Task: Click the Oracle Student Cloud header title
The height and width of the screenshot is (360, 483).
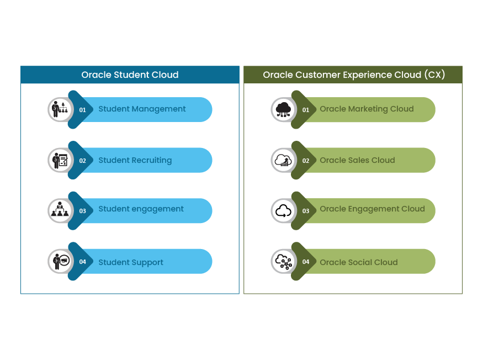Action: (x=130, y=75)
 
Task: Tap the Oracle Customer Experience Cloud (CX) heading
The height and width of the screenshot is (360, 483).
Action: (x=353, y=75)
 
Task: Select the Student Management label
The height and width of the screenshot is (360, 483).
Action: (x=142, y=109)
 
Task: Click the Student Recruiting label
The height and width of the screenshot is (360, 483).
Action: (x=135, y=161)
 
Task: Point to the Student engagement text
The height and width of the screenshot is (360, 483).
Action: (x=141, y=209)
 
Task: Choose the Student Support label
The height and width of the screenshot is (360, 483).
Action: (x=131, y=263)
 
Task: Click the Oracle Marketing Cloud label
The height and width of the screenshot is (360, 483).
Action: (x=367, y=109)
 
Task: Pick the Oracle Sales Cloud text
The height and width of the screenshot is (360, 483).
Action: (x=357, y=161)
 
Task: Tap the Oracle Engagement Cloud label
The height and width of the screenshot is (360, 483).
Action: (x=372, y=209)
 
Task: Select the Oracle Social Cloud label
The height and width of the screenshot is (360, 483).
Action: (x=358, y=263)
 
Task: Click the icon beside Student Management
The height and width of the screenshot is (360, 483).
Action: (x=60, y=109)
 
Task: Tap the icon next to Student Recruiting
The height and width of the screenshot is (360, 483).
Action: (x=60, y=160)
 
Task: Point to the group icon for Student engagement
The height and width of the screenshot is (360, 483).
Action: (x=60, y=210)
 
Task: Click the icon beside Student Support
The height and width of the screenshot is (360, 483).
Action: (x=60, y=261)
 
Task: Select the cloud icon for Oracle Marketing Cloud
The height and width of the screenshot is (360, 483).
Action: (x=283, y=109)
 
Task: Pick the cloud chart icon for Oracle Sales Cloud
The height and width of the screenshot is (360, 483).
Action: (x=283, y=160)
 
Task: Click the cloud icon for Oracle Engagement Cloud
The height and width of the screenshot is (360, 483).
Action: (x=283, y=210)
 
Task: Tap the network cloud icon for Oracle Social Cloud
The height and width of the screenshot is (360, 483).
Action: (x=283, y=261)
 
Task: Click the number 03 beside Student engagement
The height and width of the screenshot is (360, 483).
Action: (x=83, y=211)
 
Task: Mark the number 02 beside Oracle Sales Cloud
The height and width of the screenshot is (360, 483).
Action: (x=306, y=161)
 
